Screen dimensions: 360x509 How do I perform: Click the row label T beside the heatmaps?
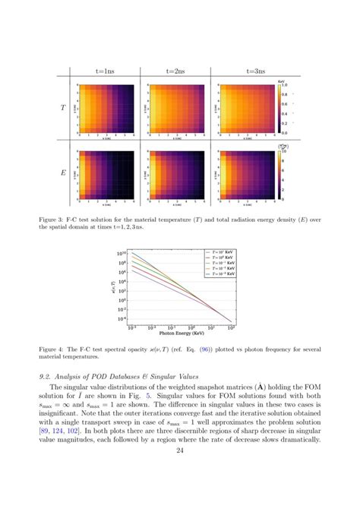click(x=63, y=109)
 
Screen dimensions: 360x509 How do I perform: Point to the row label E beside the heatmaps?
click(x=63, y=173)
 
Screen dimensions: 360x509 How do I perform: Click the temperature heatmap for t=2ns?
click(x=179, y=108)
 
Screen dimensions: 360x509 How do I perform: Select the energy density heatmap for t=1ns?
click(x=109, y=173)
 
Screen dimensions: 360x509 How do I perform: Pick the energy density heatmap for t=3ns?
click(x=248, y=173)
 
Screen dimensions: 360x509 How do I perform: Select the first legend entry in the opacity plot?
click(x=220, y=251)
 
